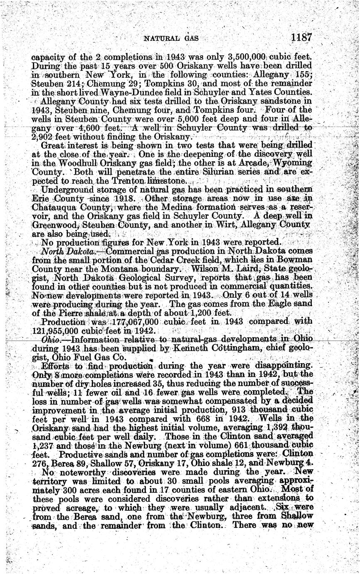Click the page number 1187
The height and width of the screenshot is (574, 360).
click(x=301, y=37)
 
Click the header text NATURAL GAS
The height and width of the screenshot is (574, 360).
click(x=170, y=39)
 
